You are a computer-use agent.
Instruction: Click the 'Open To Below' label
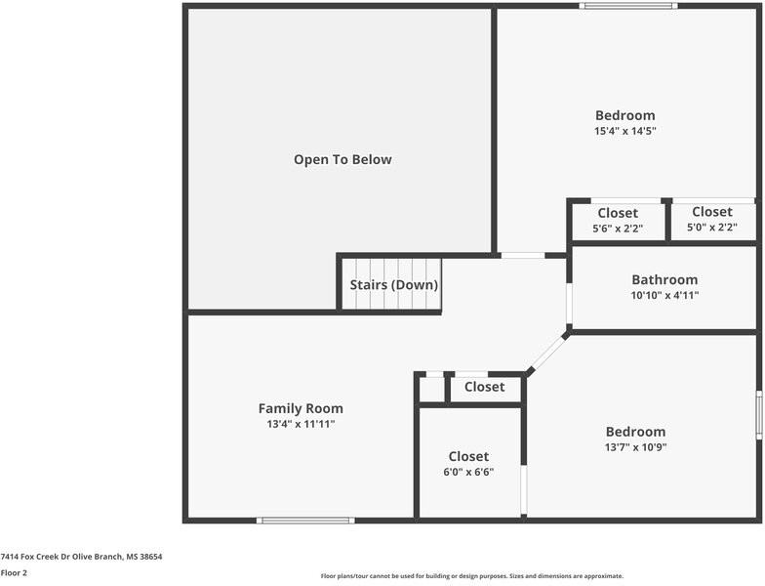[342, 160]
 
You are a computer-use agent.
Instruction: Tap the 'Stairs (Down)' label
[394, 285]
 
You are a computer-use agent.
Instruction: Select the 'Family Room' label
[301, 408]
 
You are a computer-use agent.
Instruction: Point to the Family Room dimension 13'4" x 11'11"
[301, 424]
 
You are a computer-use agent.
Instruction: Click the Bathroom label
[664, 279]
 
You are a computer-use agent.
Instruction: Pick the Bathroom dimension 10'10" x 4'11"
[664, 295]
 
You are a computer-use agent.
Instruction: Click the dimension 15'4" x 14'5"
[624, 131]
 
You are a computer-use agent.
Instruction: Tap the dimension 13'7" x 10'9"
[636, 447]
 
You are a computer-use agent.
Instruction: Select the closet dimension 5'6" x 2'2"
[618, 229]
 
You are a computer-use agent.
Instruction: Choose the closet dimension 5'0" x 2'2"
[712, 227]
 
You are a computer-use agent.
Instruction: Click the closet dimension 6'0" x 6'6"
[468, 473]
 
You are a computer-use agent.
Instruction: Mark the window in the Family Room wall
[306, 521]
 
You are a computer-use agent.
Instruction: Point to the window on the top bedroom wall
[628, 6]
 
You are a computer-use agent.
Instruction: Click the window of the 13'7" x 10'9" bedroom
[759, 414]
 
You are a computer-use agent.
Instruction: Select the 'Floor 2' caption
[14, 572]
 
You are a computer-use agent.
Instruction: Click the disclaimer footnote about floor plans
[472, 576]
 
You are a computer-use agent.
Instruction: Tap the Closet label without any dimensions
[484, 387]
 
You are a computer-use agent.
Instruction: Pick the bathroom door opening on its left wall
[569, 303]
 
